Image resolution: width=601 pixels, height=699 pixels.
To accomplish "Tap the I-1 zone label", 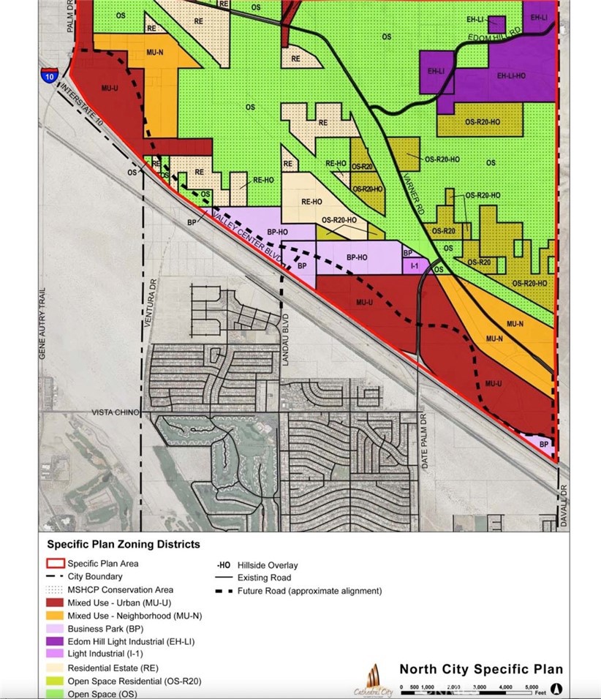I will pyautogui.click(x=415, y=267).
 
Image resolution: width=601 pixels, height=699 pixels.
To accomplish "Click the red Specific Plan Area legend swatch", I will pyautogui.click(x=55, y=564).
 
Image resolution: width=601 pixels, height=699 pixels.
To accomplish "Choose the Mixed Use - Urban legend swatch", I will pyautogui.click(x=55, y=602).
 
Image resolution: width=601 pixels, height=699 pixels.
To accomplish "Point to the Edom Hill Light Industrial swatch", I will pyautogui.click(x=55, y=641).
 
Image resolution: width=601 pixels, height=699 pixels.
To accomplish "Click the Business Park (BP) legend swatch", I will pyautogui.click(x=55, y=628).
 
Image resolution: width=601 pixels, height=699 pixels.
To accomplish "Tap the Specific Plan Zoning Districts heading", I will pyautogui.click(x=123, y=545).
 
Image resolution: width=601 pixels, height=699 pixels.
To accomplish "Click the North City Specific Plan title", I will pyautogui.click(x=480, y=669).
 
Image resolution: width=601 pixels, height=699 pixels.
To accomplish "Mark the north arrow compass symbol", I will pyautogui.click(x=556, y=688).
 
